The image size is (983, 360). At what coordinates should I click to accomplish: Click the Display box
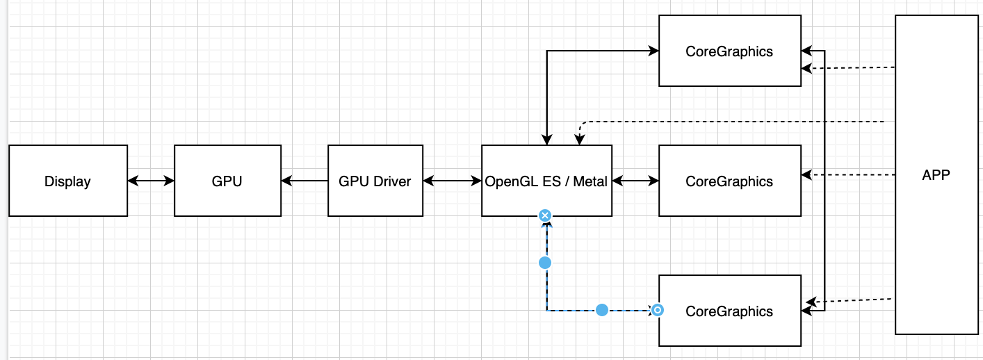(68, 181)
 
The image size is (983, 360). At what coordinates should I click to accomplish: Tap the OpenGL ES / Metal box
(546, 167)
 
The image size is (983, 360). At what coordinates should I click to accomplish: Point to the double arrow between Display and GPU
(151, 181)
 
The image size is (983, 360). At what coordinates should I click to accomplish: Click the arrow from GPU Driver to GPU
(304, 181)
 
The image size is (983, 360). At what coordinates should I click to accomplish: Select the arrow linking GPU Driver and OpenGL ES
(452, 181)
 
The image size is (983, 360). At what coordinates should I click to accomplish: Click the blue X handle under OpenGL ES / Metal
(545, 215)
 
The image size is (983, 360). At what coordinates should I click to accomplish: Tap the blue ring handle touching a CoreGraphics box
(657, 310)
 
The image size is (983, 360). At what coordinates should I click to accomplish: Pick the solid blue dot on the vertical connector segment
(545, 263)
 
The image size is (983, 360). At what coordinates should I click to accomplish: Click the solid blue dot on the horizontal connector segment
(602, 310)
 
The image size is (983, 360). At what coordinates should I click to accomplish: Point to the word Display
(67, 181)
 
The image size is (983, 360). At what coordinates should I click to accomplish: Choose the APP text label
(935, 175)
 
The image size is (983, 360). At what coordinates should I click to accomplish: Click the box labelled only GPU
(227, 181)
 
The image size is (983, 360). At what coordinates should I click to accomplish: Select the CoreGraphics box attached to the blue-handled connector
(729, 327)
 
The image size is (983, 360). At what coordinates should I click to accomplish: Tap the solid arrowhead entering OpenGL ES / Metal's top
(547, 140)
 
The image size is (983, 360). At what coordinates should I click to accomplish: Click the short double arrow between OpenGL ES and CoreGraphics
(635, 181)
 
